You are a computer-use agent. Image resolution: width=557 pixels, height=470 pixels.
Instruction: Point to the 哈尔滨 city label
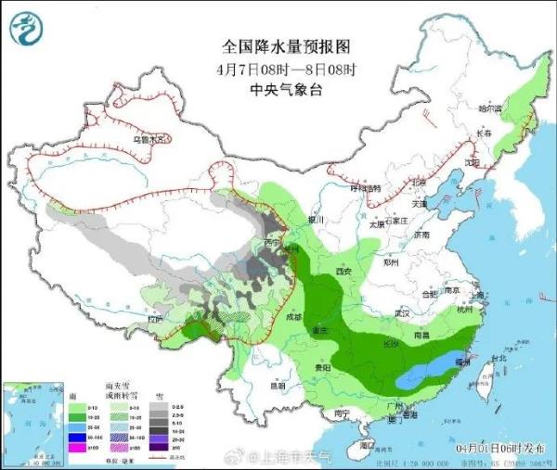click(x=489, y=109)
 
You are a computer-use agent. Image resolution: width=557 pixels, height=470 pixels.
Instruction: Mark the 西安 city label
click(x=344, y=272)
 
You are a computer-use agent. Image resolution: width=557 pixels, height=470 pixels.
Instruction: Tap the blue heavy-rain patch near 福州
click(x=428, y=375)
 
